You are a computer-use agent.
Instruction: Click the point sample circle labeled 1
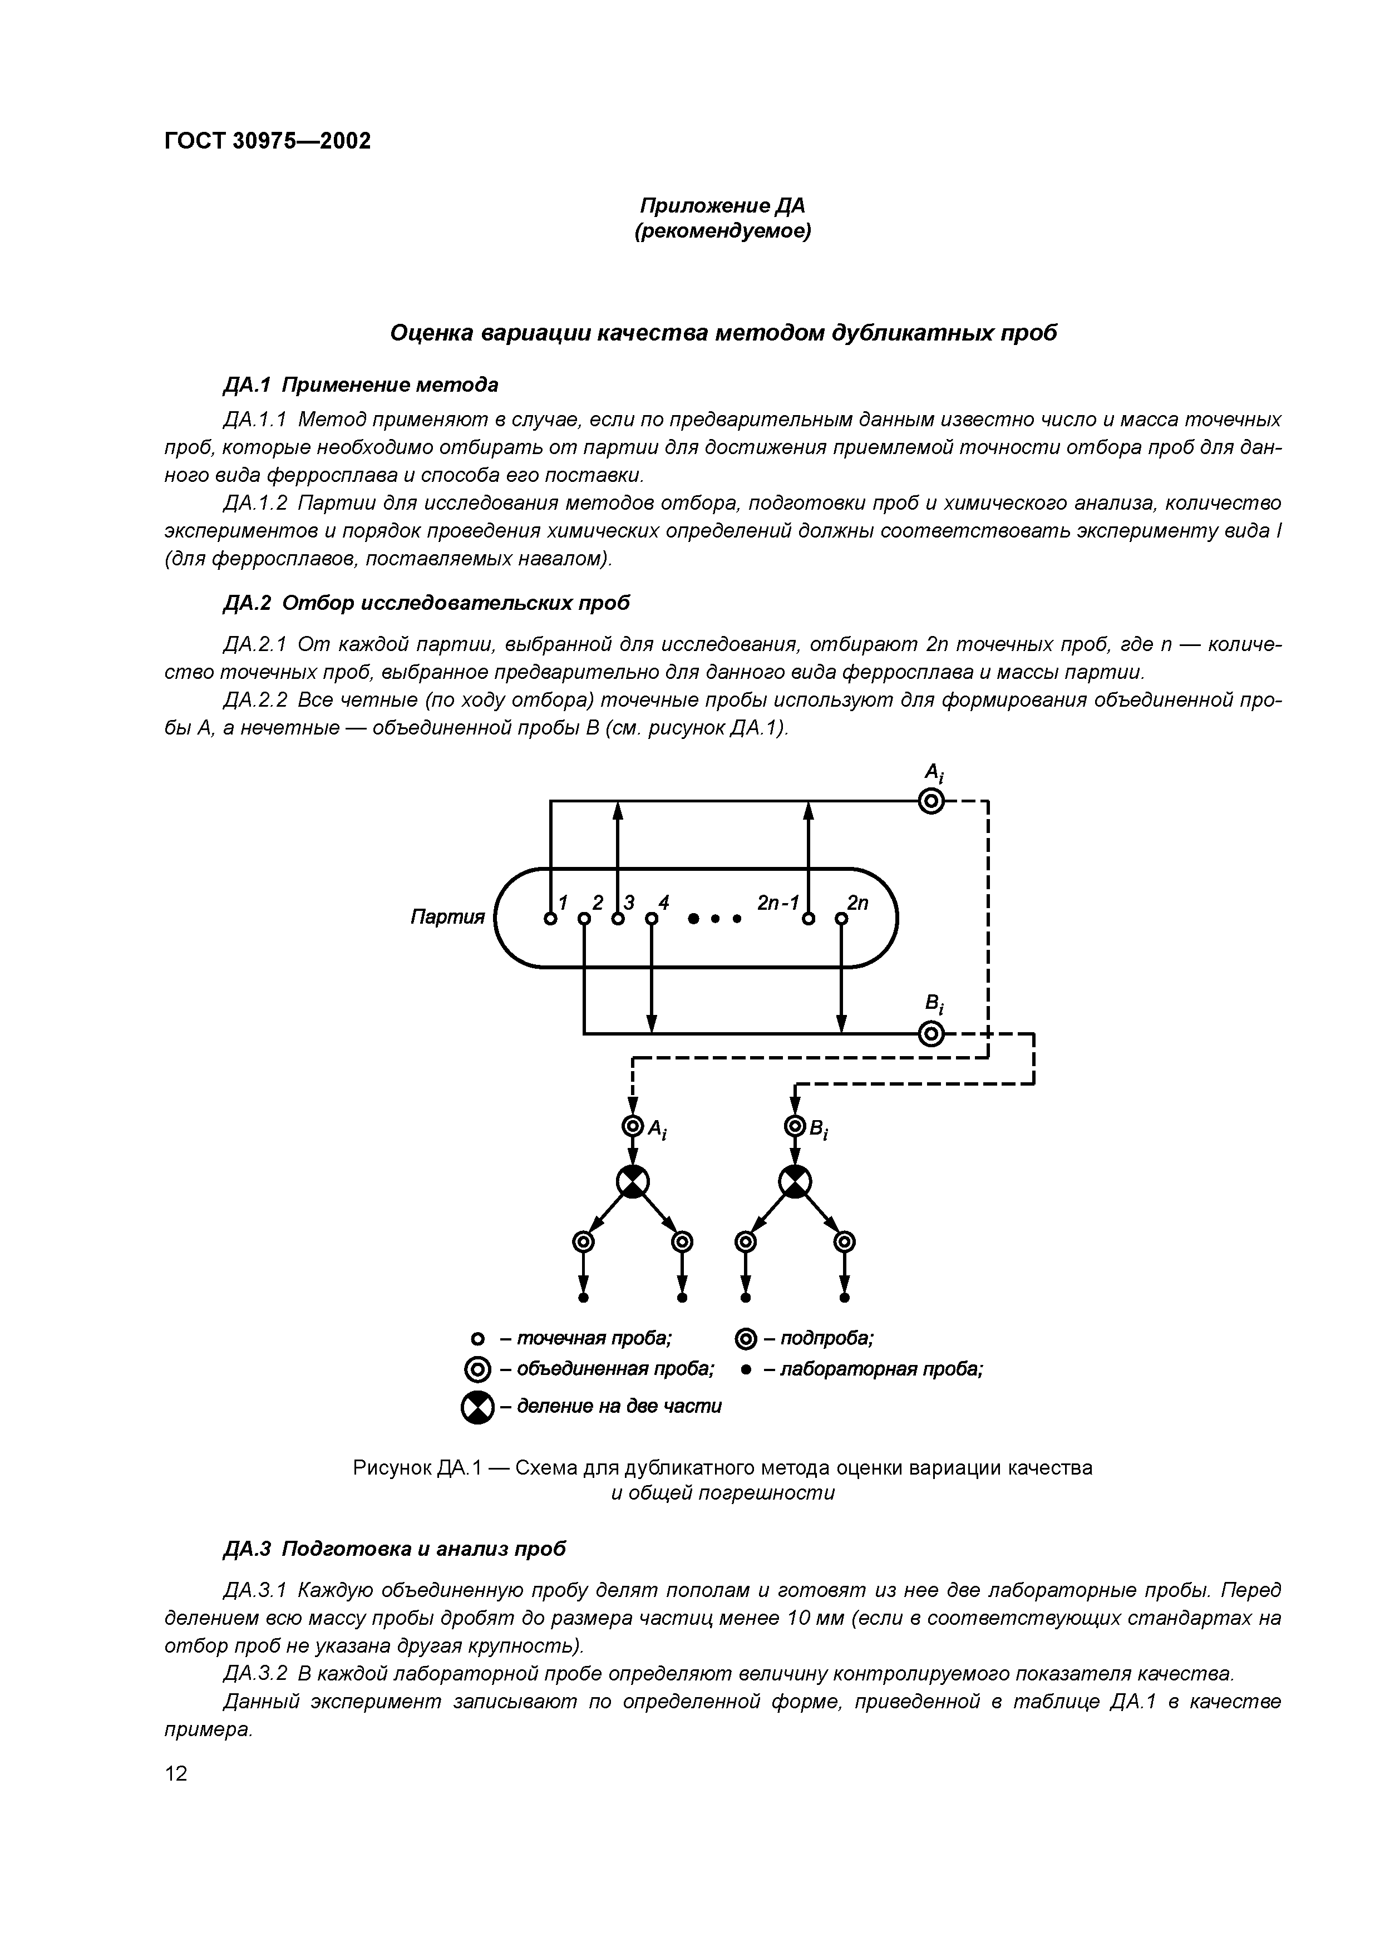click(550, 919)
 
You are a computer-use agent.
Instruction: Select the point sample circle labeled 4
click(650, 919)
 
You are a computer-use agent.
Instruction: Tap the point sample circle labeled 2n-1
click(809, 919)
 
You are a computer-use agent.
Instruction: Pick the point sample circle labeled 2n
click(841, 919)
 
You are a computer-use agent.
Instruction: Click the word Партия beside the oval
click(447, 918)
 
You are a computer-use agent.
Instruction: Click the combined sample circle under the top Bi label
click(932, 1034)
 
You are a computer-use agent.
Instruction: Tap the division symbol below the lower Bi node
click(795, 1182)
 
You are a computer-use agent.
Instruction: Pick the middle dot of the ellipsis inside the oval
click(715, 920)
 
